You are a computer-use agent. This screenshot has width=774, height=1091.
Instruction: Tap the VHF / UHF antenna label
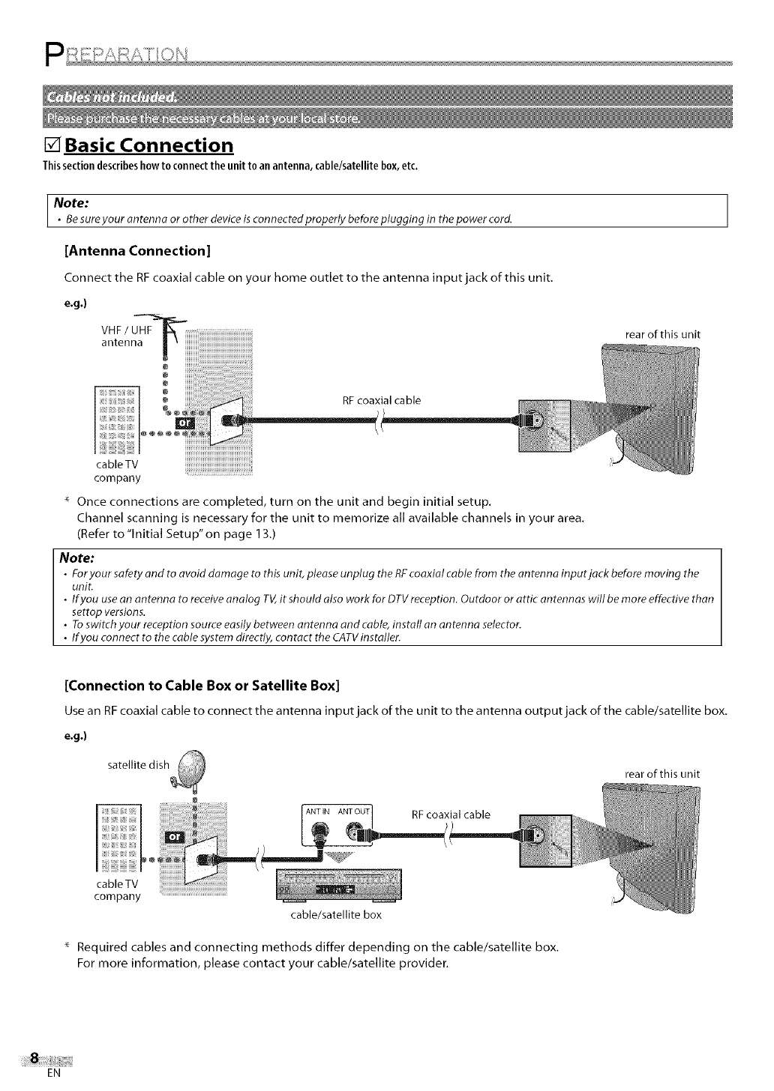pyautogui.click(x=125, y=337)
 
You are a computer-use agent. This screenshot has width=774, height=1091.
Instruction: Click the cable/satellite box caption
pyautogui.click(x=335, y=915)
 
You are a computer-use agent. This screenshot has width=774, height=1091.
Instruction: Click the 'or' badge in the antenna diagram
pyautogui.click(x=183, y=426)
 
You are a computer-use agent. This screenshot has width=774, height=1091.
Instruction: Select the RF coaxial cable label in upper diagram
pyautogui.click(x=382, y=400)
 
